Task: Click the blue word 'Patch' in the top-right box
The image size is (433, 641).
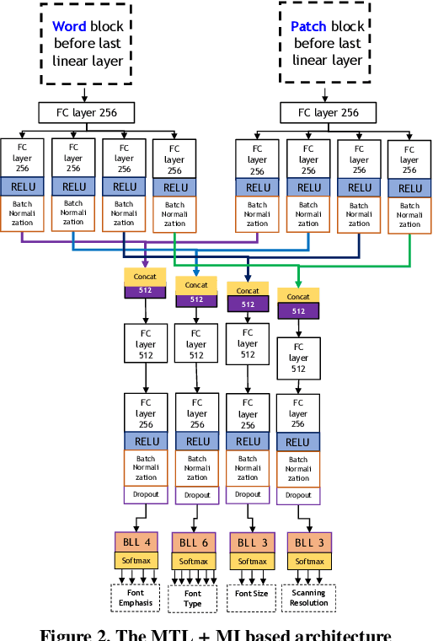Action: [307, 27]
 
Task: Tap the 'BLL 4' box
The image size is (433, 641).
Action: [136, 541]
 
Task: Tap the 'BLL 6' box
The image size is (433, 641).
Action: [194, 541]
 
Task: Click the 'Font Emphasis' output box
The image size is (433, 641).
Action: [135, 597]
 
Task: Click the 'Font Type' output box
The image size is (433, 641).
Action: [193, 597]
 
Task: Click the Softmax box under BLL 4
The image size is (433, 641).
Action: [136, 560]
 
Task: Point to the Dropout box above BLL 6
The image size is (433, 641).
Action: [197, 496]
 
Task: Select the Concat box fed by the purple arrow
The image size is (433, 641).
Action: [146, 276]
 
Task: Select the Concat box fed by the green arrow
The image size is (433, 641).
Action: [298, 296]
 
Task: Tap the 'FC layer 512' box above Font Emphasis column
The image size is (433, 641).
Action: [146, 344]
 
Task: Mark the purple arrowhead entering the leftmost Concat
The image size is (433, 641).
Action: [146, 264]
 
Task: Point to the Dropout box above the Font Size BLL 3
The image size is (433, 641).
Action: [248, 494]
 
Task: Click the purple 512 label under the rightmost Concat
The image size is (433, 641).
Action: [298, 310]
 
